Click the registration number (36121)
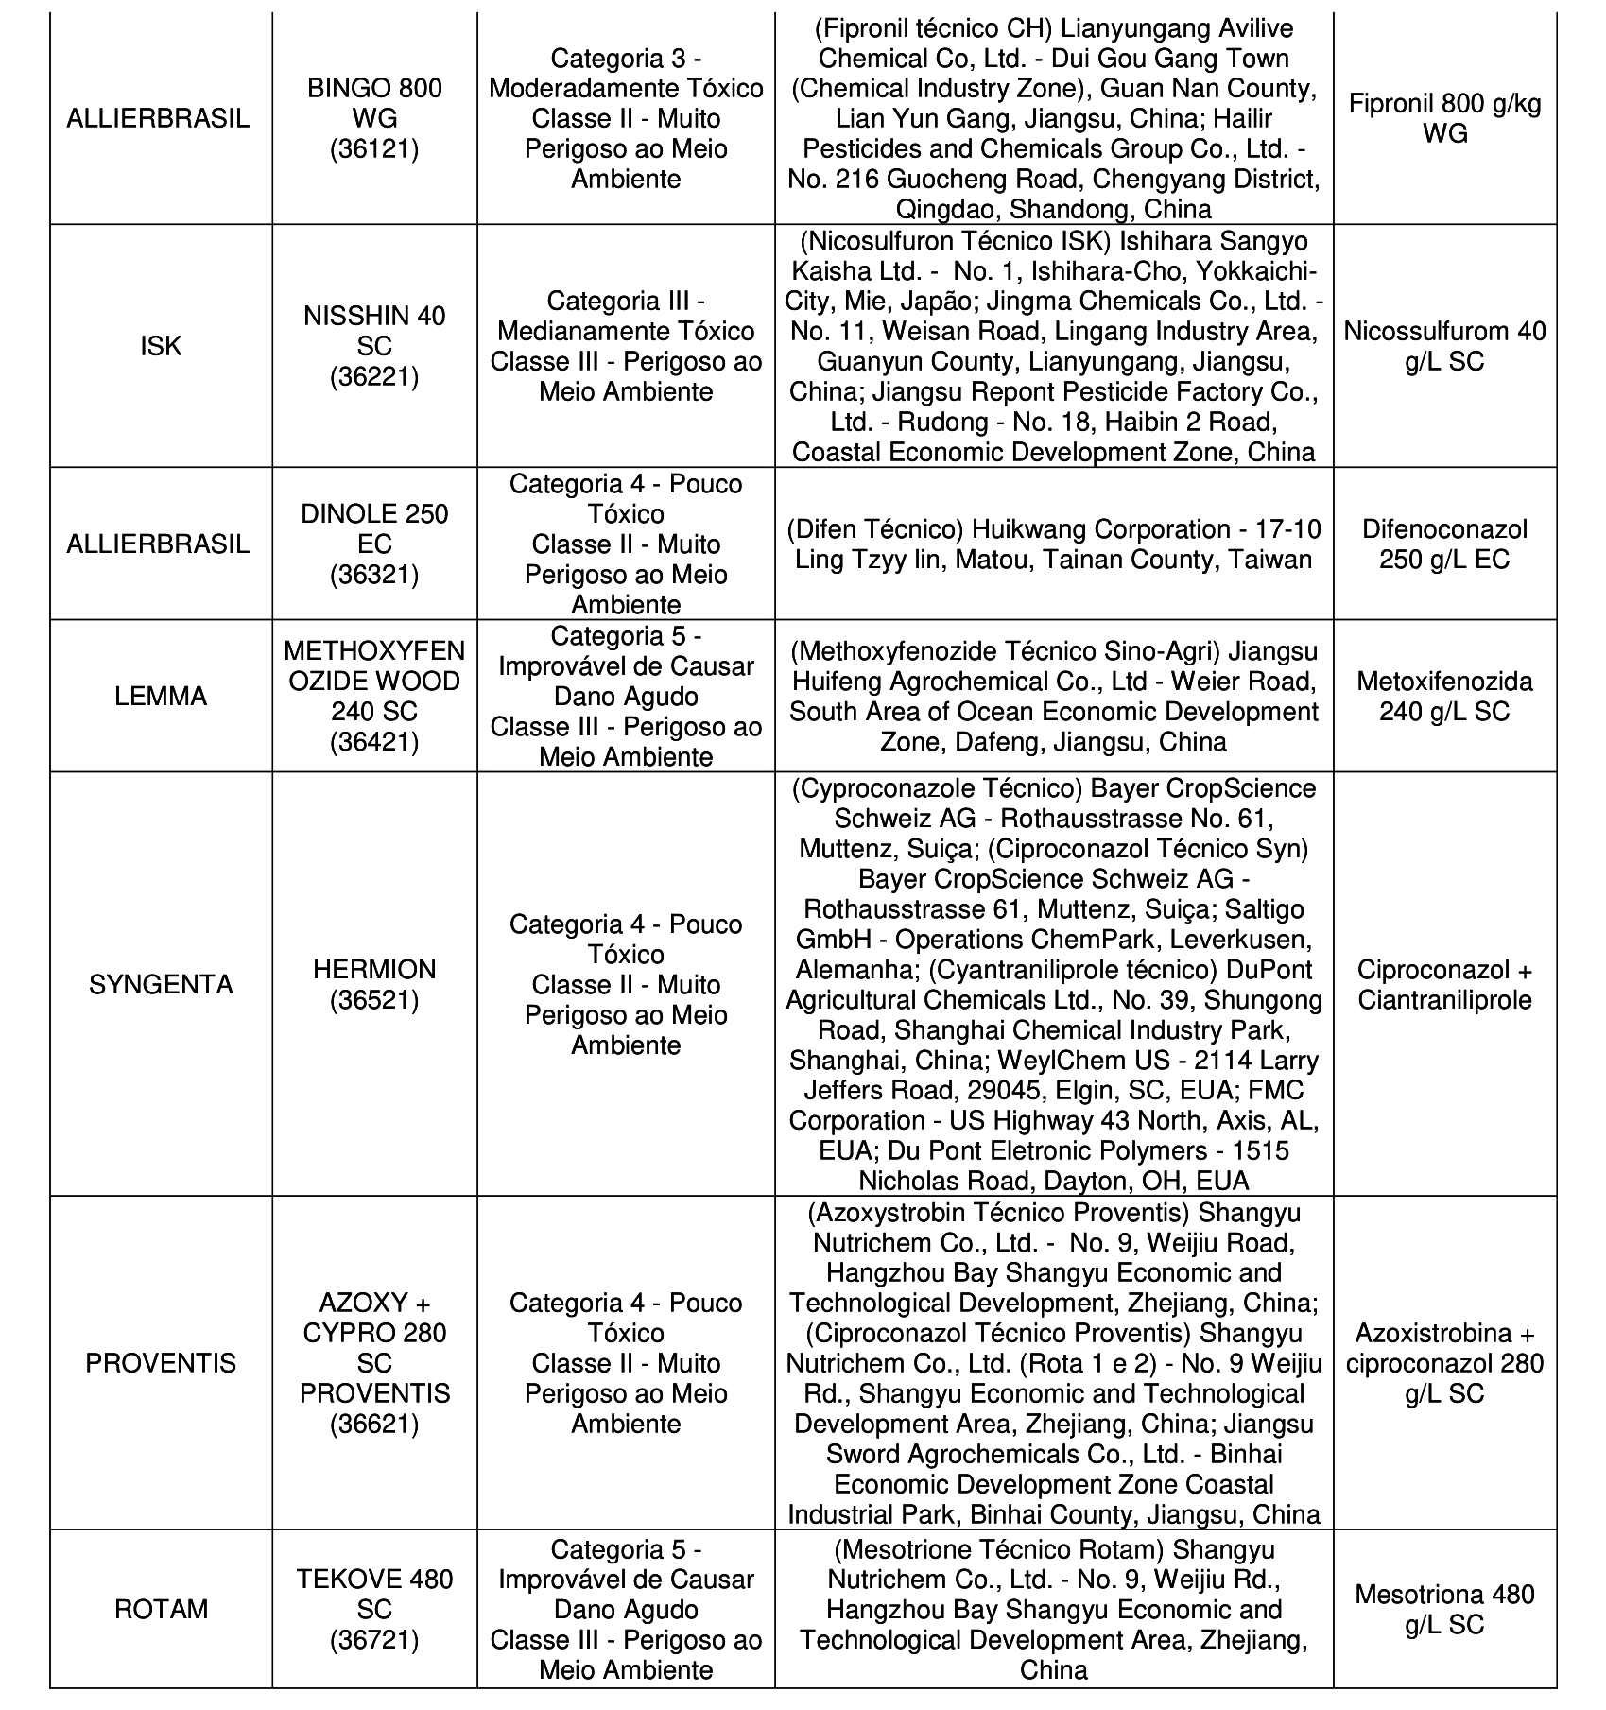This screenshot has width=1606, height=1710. (374, 149)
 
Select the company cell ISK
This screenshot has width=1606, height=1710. (161, 346)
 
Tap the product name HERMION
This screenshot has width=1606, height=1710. (374, 969)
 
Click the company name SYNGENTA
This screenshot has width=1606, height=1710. (161, 984)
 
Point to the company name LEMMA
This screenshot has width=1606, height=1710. (161, 697)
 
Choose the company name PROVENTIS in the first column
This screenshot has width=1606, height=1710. (161, 1363)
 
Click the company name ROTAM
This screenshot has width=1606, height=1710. (161, 1609)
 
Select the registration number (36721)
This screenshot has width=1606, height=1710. (374, 1639)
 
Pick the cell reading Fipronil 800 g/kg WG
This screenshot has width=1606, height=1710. (1444, 118)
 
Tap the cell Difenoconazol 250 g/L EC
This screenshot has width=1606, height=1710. (1444, 544)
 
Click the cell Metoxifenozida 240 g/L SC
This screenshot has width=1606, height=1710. (1444, 697)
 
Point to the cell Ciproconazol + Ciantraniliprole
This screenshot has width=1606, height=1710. (1444, 984)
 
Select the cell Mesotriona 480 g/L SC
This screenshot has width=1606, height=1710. (1444, 1609)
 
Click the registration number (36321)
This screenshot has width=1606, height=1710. (374, 575)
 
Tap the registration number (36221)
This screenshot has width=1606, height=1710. (374, 376)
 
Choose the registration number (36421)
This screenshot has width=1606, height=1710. (374, 742)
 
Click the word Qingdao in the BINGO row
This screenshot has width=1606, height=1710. (946, 209)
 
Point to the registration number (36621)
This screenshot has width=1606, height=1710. (374, 1424)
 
